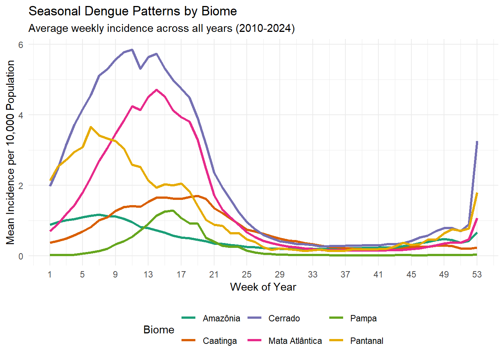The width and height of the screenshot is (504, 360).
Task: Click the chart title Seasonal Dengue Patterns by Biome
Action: pos(132,11)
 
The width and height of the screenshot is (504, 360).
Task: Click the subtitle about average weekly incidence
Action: pos(161,28)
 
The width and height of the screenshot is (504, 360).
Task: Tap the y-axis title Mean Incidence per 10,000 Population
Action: pos(10,152)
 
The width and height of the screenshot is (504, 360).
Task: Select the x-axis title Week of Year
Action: pos(263,287)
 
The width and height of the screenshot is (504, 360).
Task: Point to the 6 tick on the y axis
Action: pos(21,45)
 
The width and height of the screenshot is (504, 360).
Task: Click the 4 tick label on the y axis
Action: pos(21,115)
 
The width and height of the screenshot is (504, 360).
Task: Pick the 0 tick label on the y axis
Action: pos(21,256)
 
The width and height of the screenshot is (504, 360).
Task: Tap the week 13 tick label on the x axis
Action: pos(148,274)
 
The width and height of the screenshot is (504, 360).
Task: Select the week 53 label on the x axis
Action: pos(477,274)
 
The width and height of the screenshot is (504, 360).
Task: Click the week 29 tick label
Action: pos(280,274)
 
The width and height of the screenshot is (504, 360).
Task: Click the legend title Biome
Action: pos(159,330)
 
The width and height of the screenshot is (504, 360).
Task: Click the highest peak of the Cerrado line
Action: pos(132,49)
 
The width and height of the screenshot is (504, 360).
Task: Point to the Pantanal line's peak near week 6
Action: pos(91,127)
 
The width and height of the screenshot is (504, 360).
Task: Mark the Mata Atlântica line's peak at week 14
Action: pos(156,90)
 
